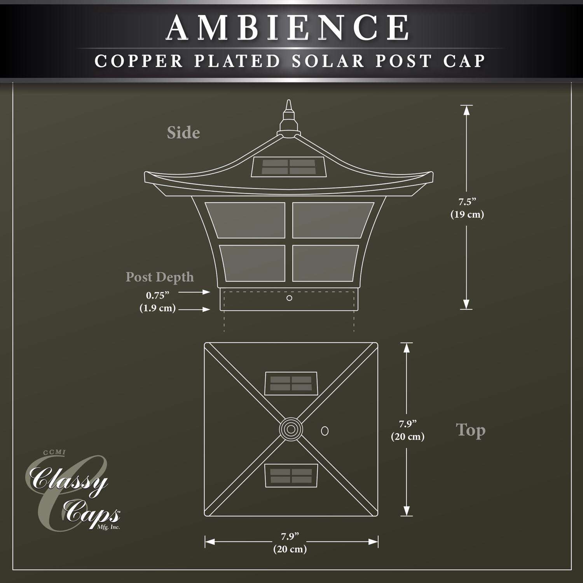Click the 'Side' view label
(x=183, y=133)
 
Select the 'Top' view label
(x=470, y=431)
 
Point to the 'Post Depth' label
(x=159, y=277)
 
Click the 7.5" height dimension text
(x=467, y=202)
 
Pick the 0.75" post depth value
(x=157, y=295)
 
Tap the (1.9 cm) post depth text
(x=157, y=308)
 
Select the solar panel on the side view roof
(x=288, y=167)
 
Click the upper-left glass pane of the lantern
(x=246, y=220)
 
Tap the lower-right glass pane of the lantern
(x=325, y=263)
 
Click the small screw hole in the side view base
(x=289, y=298)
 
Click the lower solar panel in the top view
(x=291, y=475)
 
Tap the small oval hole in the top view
(x=325, y=430)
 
